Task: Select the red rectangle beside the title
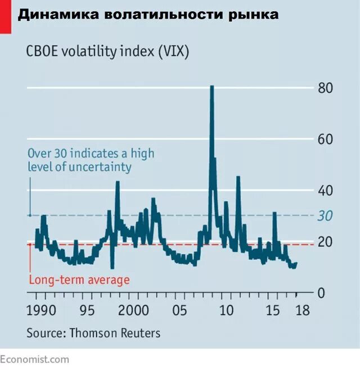5,16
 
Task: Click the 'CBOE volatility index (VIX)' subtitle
107,52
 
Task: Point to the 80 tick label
326,88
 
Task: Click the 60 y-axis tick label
326,139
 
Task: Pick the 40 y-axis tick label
326,191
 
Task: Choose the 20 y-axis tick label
326,242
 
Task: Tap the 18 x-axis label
302,310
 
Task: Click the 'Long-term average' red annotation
79,280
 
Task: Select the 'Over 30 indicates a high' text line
91,153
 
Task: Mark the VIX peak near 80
211,88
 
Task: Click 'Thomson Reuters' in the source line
115,333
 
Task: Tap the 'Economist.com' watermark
35,359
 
